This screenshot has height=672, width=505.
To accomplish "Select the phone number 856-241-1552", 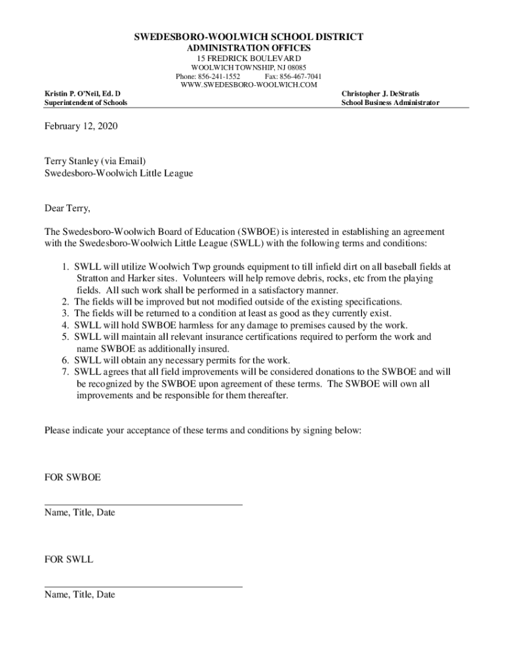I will point(217,76).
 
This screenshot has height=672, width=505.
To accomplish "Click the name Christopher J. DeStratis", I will point(380,94).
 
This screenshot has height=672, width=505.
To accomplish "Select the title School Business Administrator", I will point(390,103).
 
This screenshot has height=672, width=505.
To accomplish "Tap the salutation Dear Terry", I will point(67,209).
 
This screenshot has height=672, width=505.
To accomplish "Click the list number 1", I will point(65,267).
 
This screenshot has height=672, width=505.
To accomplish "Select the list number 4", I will point(65,325).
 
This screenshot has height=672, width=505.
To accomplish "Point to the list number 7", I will point(65,372).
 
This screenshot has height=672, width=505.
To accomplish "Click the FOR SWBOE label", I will point(72,477).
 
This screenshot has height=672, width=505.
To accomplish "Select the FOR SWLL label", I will point(69,560).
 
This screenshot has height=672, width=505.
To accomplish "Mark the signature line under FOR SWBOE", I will point(143,505).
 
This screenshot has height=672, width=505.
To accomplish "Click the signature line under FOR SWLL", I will point(143,587).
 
